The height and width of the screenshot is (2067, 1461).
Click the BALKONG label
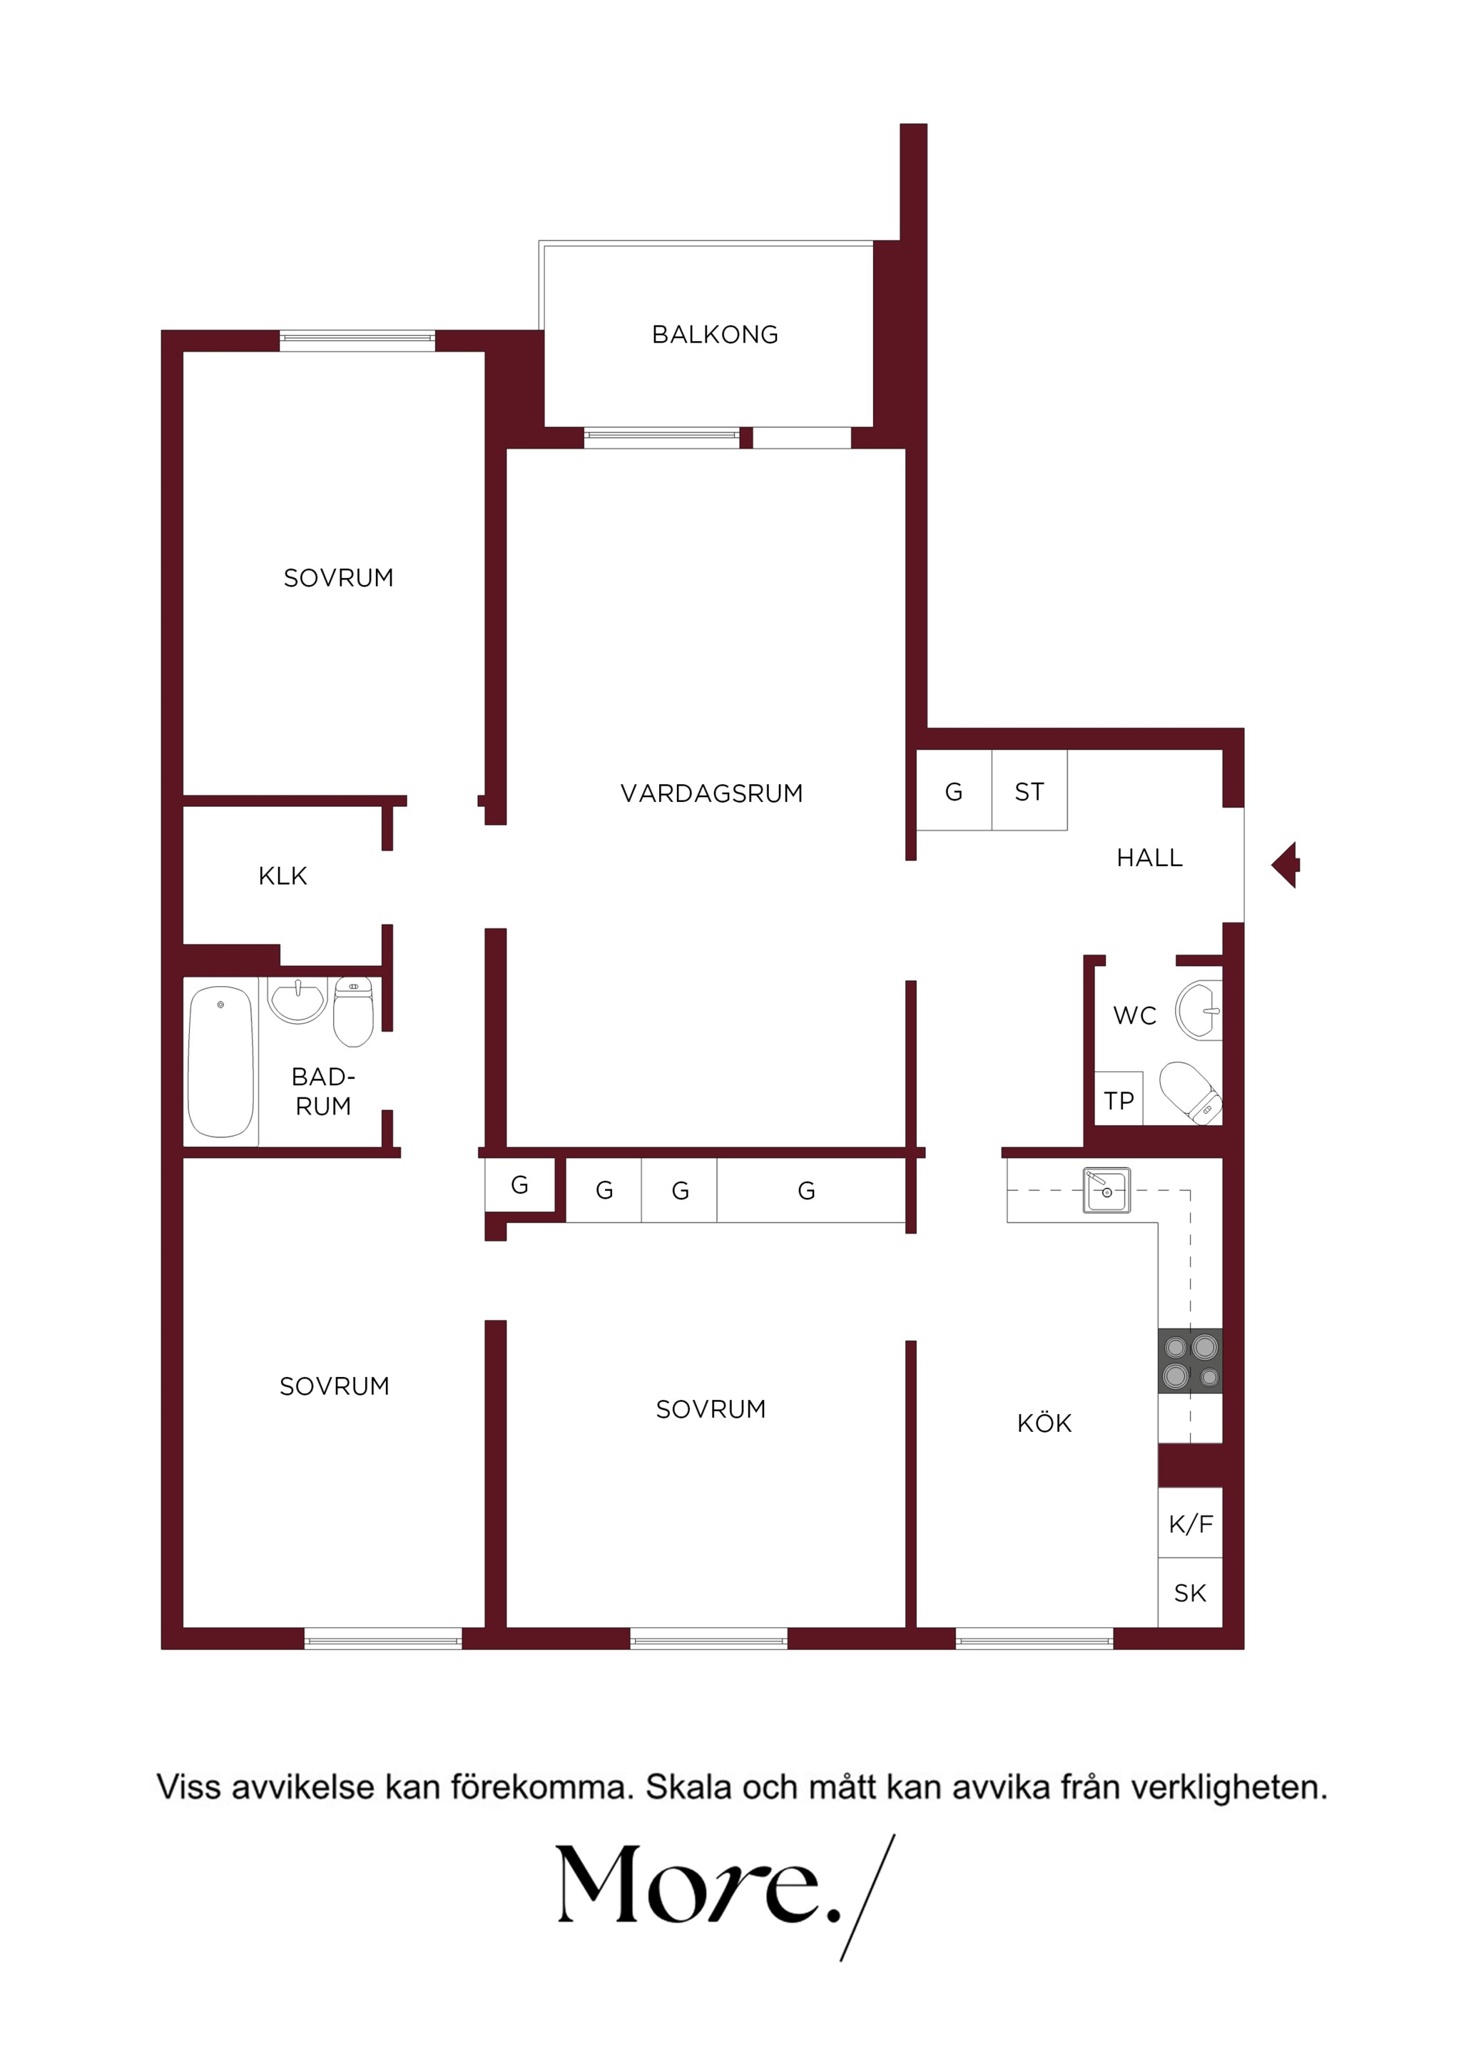[x=715, y=335]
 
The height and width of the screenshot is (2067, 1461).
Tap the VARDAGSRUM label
[x=711, y=793]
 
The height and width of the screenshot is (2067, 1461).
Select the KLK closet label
[x=282, y=876]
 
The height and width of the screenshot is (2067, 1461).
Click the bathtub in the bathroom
[x=220, y=1062]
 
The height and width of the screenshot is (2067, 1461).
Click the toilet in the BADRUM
[x=354, y=1012]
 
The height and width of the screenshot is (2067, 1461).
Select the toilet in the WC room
[x=1191, y=1092]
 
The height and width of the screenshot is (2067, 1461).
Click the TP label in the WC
[x=1119, y=1100]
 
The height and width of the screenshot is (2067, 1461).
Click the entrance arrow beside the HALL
[x=1286, y=865]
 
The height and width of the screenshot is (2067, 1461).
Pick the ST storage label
[x=1030, y=792]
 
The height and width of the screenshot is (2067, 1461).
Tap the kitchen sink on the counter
[x=1106, y=1190]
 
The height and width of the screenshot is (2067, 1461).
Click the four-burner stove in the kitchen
[x=1190, y=1361]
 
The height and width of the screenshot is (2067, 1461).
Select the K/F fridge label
[x=1191, y=1524]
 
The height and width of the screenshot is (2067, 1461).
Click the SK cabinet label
[x=1190, y=1593]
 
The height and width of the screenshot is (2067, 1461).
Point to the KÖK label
[x=1044, y=1423]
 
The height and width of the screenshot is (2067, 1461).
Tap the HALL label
[x=1149, y=858]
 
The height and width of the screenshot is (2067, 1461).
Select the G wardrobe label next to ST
[x=955, y=792]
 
